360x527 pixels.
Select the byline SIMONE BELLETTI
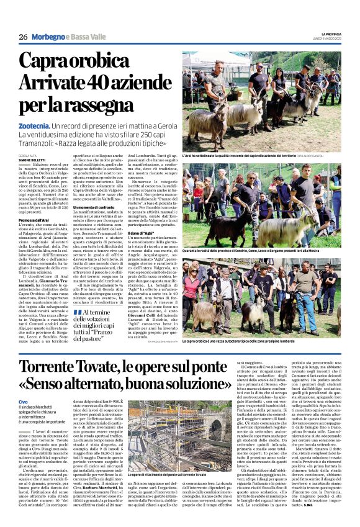pos(32,160)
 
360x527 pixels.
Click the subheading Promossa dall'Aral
pos(35,220)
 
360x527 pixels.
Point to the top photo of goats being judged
pos(261,100)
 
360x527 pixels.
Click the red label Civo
pos(24,403)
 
